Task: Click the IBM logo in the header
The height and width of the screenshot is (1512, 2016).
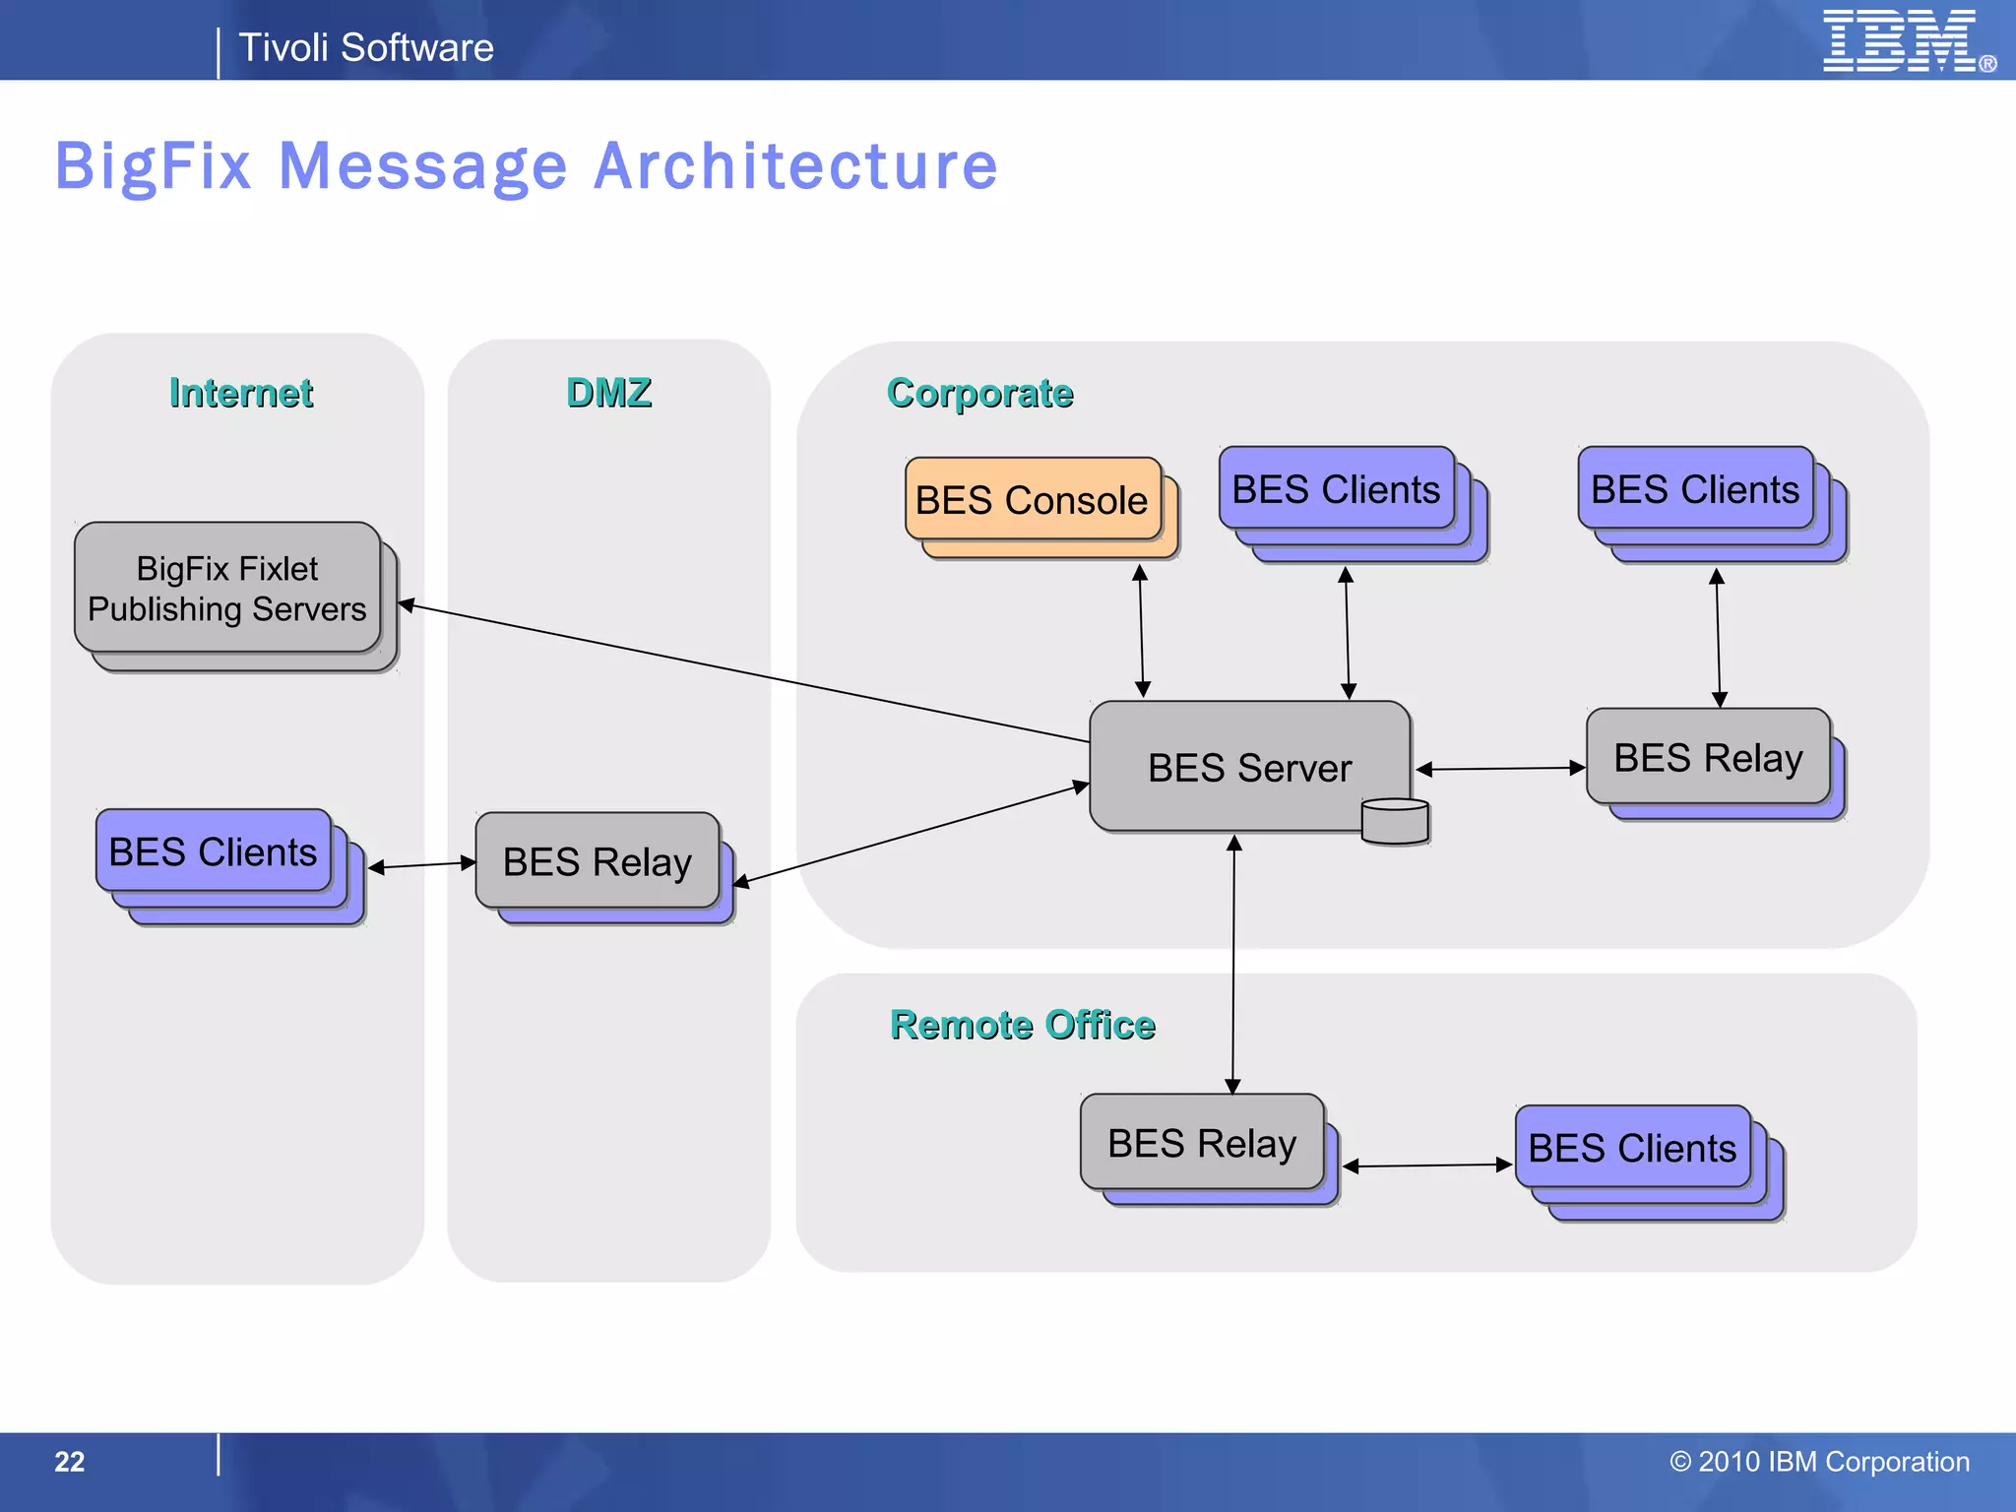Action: [1900, 41]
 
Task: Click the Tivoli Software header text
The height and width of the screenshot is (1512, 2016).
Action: [366, 47]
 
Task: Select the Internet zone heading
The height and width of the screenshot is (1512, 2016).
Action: [241, 393]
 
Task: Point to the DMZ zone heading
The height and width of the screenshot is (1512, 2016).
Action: [608, 393]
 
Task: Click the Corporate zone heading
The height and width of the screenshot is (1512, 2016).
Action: [979, 393]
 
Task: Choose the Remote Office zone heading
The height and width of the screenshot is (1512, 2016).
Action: [1022, 1025]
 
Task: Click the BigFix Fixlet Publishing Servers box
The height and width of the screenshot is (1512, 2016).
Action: [227, 589]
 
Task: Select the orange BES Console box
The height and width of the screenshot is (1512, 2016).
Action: [1032, 500]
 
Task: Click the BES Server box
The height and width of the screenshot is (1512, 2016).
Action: [1248, 767]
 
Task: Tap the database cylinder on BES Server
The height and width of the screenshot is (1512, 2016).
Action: [1395, 821]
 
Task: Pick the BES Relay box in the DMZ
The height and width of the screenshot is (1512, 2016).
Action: [598, 861]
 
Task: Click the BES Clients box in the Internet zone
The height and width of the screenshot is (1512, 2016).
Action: [214, 851]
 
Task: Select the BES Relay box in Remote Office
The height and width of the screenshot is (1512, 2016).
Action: [1201, 1143]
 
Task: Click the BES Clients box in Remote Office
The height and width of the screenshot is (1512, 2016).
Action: [1632, 1148]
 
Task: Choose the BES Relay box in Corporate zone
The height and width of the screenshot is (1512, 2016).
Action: [1708, 757]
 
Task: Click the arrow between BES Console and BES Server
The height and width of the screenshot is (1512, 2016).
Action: [1141, 631]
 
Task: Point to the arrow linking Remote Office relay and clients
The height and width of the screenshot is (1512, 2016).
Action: [1427, 1165]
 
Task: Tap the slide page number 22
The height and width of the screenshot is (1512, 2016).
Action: [69, 1462]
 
